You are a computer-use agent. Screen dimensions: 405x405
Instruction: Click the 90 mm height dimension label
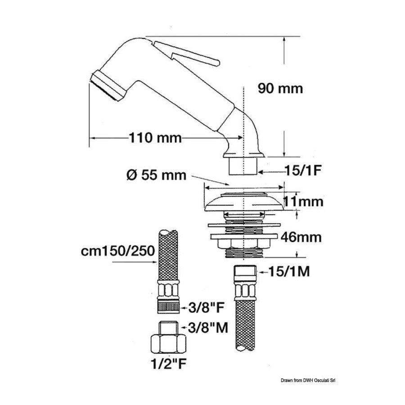(x=280, y=89)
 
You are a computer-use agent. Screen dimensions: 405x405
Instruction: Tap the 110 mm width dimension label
(x=155, y=138)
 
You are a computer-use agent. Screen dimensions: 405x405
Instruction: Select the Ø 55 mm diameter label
(x=156, y=175)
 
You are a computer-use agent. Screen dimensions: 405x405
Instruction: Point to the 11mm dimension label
(x=303, y=202)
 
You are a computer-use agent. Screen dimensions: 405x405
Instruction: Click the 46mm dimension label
(x=301, y=237)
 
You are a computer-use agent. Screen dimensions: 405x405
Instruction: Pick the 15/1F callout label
(x=303, y=171)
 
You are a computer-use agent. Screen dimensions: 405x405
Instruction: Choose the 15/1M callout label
(x=289, y=271)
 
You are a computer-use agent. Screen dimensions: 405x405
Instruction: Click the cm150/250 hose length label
(x=118, y=251)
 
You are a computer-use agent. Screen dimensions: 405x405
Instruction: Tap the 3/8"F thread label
(x=206, y=307)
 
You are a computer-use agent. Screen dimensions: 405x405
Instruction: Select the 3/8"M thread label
(x=208, y=328)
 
